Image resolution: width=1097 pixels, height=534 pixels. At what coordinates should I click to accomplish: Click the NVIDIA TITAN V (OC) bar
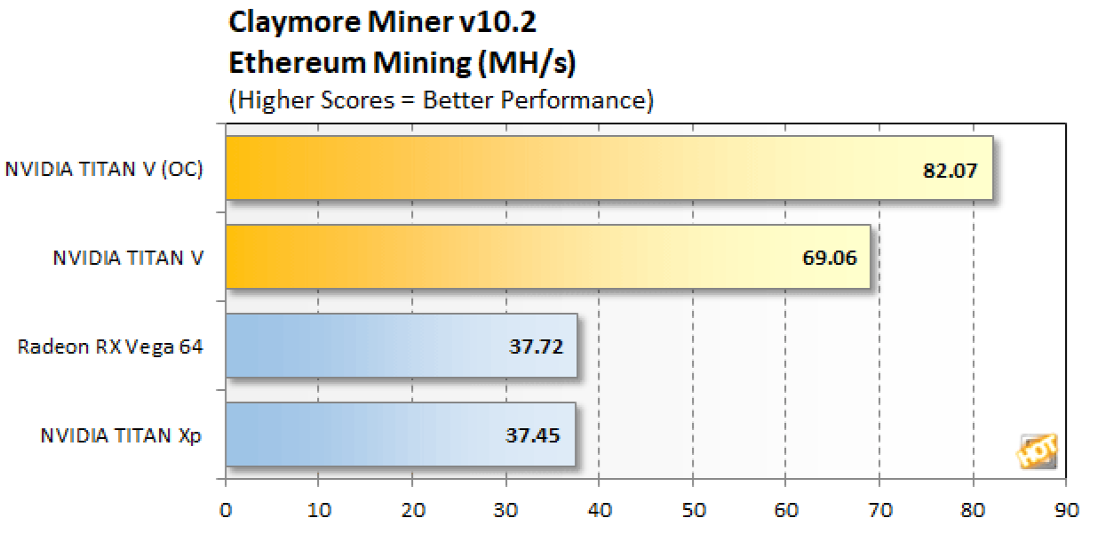coord(608,168)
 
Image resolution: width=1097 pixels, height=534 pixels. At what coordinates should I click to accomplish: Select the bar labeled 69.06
coord(548,257)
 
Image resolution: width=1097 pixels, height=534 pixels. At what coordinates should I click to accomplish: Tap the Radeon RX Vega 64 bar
coord(401,346)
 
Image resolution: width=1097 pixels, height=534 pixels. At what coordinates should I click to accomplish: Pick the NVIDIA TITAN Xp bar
coord(401,434)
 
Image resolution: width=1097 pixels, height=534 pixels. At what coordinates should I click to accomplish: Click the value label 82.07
coord(950,169)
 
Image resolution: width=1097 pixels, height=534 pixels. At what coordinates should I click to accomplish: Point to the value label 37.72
coord(536,347)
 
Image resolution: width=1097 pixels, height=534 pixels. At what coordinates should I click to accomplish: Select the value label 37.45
coord(535,435)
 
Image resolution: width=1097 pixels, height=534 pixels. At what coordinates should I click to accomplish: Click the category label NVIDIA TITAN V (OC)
coord(104,169)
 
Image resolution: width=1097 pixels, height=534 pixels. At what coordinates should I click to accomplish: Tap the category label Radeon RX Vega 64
coord(110,347)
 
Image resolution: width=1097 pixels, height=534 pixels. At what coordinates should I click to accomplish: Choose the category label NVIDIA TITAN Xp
coord(122,435)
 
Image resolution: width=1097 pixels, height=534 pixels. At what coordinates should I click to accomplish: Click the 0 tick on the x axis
coord(226,511)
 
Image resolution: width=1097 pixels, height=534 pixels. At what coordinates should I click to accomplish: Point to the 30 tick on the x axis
coord(506,511)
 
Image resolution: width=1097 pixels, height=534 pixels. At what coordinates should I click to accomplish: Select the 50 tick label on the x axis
coord(693,511)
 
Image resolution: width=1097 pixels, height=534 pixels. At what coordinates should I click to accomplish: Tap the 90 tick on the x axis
coord(1066,511)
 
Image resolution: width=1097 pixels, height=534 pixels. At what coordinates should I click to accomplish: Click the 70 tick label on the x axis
coord(879,511)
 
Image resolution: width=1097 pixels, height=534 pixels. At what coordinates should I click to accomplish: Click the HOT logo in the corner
coord(1037,452)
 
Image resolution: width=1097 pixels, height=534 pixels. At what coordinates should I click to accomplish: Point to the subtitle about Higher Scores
coord(441,100)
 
